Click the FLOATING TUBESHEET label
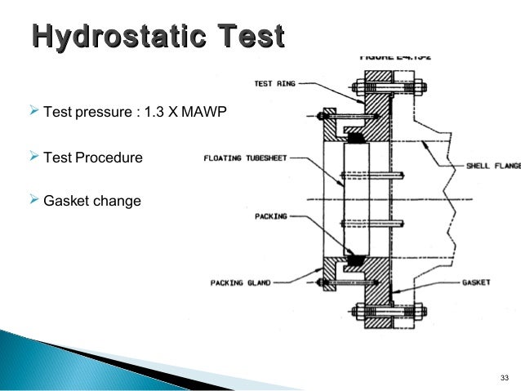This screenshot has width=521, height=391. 245,158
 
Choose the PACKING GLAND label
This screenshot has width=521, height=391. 238,282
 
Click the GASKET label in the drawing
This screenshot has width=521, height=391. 475,282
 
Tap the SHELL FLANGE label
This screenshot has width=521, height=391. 493,166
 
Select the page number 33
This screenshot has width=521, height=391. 503,377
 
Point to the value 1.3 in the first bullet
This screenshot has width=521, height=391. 154,111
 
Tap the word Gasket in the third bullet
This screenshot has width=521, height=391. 63,200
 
